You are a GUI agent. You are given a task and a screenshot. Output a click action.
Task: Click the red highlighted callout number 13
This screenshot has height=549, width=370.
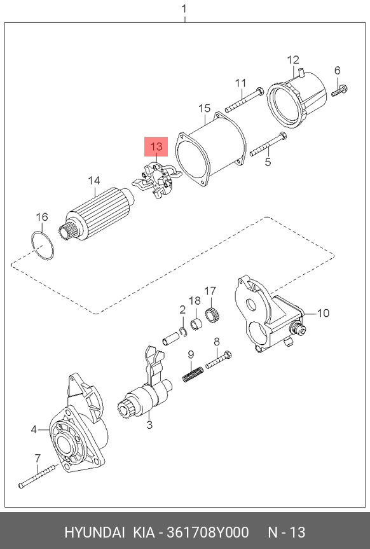pyautogui.click(x=156, y=146)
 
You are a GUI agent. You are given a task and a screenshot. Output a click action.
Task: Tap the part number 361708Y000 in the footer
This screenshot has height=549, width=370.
pyautogui.click(x=208, y=532)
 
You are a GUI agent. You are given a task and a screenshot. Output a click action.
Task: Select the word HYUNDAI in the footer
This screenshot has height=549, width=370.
pyautogui.click(x=95, y=532)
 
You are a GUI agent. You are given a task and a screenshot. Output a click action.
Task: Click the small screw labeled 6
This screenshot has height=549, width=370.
pyautogui.click(x=339, y=90)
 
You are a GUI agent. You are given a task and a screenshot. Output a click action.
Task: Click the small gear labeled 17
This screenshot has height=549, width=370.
pyautogui.click(x=212, y=314)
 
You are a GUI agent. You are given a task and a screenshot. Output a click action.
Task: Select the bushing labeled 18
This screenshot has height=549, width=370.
pyautogui.click(x=196, y=324)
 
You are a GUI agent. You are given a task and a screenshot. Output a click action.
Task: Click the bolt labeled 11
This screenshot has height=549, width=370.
pyautogui.click(x=244, y=100)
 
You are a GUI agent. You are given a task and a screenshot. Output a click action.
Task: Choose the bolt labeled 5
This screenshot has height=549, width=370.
pyautogui.click(x=268, y=144)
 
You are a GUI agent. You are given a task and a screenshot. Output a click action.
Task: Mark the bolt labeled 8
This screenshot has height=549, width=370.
pyautogui.click(x=219, y=359)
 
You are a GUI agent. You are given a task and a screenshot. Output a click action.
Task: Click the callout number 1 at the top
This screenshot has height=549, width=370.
pyautogui.click(x=184, y=8)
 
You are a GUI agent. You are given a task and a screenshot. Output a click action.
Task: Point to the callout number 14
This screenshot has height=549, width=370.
pyautogui.click(x=94, y=181)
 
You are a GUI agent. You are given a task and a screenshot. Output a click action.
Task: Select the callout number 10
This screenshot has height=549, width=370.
pyautogui.click(x=323, y=312)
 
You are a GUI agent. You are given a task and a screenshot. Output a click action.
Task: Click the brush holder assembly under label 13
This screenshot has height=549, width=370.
pyautogui.click(x=157, y=180)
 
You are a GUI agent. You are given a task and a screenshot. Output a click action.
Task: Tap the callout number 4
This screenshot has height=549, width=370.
pyautogui.click(x=34, y=429)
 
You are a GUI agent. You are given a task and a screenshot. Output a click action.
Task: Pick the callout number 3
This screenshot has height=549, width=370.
pyautogui.click(x=149, y=425)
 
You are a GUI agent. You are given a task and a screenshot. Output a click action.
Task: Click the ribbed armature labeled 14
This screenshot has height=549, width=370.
pyautogui.click(x=97, y=214)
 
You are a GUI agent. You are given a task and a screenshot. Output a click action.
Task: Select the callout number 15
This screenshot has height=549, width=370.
pyautogui.click(x=205, y=108)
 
